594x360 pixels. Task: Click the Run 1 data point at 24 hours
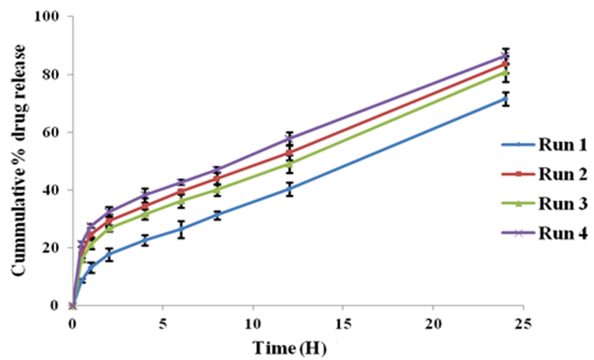tap(505, 99)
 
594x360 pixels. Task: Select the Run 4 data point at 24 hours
tap(505, 56)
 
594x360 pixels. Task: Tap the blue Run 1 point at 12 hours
tap(289, 188)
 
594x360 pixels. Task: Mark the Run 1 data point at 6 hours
tap(181, 229)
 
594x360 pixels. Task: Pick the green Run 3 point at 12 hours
tap(289, 163)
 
